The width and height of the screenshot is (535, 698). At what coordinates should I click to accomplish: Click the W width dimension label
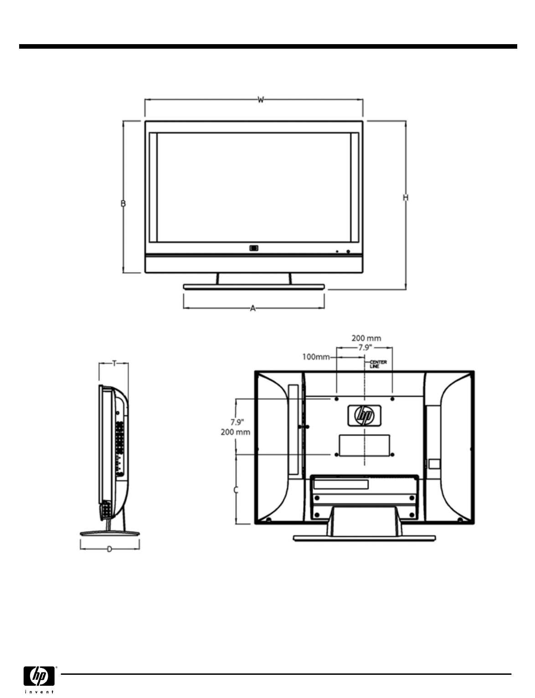tap(261, 100)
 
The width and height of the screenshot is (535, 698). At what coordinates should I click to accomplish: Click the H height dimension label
tap(406, 198)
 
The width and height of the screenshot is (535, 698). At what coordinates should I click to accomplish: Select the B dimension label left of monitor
tap(123, 203)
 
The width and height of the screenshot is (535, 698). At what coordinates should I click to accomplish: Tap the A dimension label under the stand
tap(253, 308)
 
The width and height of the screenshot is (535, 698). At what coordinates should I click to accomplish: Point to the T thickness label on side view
tap(114, 363)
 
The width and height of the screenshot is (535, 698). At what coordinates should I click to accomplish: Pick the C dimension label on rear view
tap(236, 490)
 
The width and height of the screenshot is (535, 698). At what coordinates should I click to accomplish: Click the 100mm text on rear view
tap(316, 357)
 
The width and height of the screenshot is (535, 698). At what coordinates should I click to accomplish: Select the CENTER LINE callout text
tap(378, 364)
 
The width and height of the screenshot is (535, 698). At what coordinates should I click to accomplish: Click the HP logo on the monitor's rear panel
tap(365, 415)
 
